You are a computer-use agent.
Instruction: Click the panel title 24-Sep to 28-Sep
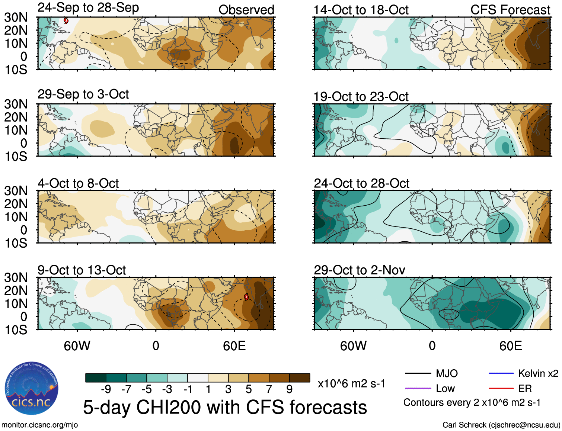pyautogui.click(x=88, y=8)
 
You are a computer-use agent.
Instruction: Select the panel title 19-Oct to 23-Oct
pyautogui.click(x=361, y=97)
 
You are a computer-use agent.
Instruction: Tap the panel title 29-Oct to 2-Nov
pyautogui.click(x=359, y=270)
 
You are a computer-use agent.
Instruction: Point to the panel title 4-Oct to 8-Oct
pyautogui.click(x=78, y=183)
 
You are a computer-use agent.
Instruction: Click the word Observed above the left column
pyautogui.click(x=246, y=10)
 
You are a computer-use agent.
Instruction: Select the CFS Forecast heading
pyautogui.click(x=510, y=10)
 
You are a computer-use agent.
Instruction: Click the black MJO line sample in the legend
pyautogui.click(x=418, y=373)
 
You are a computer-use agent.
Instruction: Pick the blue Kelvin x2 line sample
pyautogui.click(x=501, y=373)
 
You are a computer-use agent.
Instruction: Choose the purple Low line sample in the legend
pyautogui.click(x=418, y=389)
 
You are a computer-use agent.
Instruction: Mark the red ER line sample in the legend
pyautogui.click(x=501, y=389)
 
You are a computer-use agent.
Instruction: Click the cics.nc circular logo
pyautogui.click(x=32, y=389)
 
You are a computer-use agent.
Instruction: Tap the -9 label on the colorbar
pyautogui.click(x=106, y=389)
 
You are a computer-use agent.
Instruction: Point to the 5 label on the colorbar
pyautogui.click(x=249, y=389)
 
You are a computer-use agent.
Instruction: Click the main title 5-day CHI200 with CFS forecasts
pyautogui.click(x=225, y=407)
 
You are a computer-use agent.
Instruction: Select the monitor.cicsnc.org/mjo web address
pyautogui.click(x=40, y=425)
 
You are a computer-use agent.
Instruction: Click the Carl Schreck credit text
pyautogui.click(x=501, y=425)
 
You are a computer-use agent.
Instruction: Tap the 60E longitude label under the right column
pyautogui.click(x=510, y=346)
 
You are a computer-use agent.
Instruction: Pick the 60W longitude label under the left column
pyautogui.click(x=77, y=346)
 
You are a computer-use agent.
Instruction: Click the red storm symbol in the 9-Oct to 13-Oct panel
pyautogui.click(x=246, y=296)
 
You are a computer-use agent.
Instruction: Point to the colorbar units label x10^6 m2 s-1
pyautogui.click(x=351, y=383)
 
